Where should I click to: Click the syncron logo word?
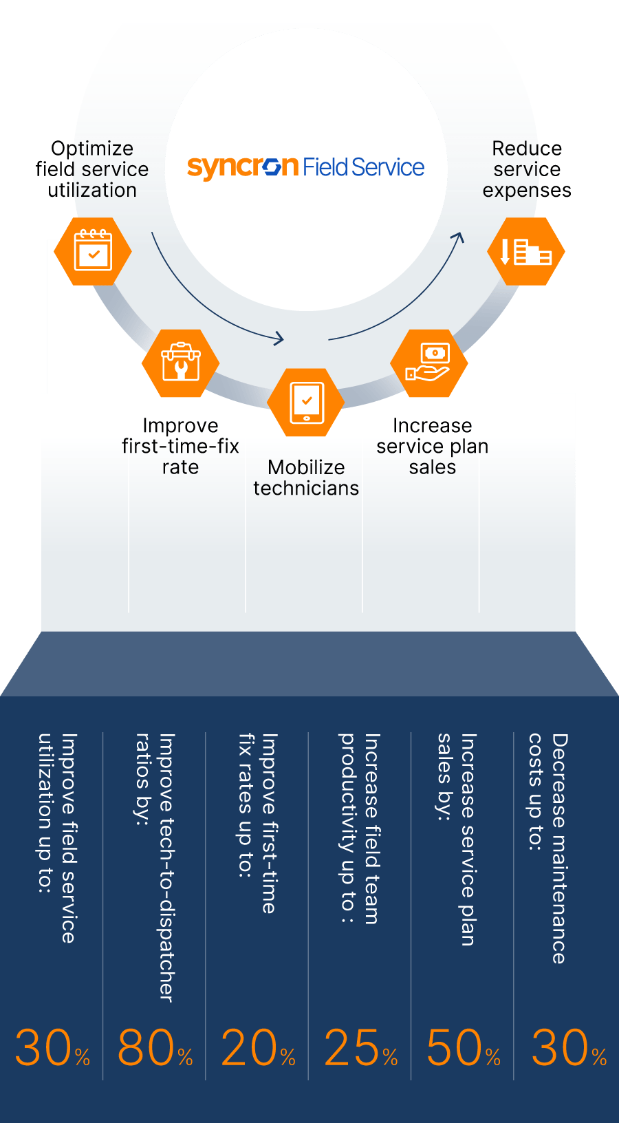coord(242,167)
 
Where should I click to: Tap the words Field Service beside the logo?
coord(363,167)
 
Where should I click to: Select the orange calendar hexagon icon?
coord(93,251)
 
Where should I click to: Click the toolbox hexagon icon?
coord(180,363)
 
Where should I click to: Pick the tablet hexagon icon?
coord(306,403)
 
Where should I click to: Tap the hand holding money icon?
coord(428,363)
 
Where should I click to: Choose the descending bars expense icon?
coord(526,251)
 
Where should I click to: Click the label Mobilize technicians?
coord(306,478)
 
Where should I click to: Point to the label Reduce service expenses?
coord(527,169)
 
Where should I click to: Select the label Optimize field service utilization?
coord(92,169)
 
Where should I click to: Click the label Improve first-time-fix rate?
coord(180,446)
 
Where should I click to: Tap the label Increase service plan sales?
coord(432,446)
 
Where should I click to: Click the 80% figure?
coord(155,1048)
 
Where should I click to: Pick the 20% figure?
coord(258,1048)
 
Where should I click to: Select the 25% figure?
coord(360,1048)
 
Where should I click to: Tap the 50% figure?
coord(463,1048)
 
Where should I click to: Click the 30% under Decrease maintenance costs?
coord(568,1048)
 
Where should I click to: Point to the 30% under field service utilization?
coord(52,1048)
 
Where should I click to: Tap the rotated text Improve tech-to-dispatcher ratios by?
coord(155,867)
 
